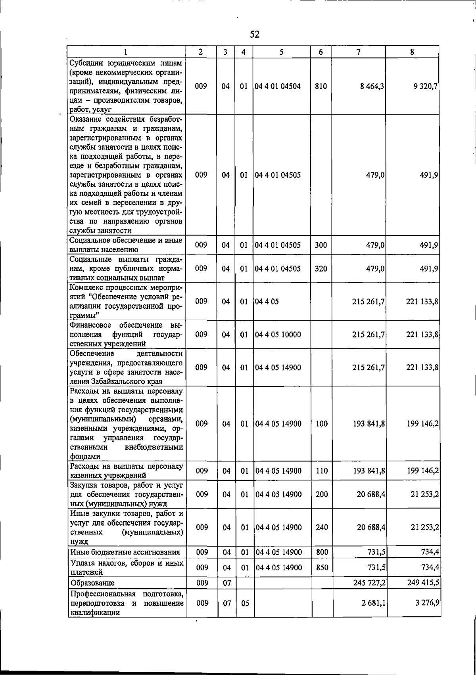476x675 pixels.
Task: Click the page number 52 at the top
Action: [255, 34]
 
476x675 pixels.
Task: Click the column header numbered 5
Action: [281, 52]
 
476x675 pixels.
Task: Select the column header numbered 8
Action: [413, 52]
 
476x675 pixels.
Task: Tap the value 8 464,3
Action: [372, 86]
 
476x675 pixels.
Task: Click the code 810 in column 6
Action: [321, 86]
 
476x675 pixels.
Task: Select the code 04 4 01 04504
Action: [278, 86]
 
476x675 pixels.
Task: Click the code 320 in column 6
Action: [321, 269]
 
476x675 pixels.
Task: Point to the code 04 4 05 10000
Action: [278, 335]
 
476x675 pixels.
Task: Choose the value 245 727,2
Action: [370, 583]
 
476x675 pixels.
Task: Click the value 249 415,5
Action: [423, 583]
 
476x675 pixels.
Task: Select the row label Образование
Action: [92, 583]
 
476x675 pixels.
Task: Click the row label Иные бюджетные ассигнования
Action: [125, 552]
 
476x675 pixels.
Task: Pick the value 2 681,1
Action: [374, 603]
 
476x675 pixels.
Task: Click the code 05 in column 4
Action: [245, 603]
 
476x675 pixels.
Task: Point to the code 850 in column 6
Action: [322, 568]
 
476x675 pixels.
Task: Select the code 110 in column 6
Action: [322, 471]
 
